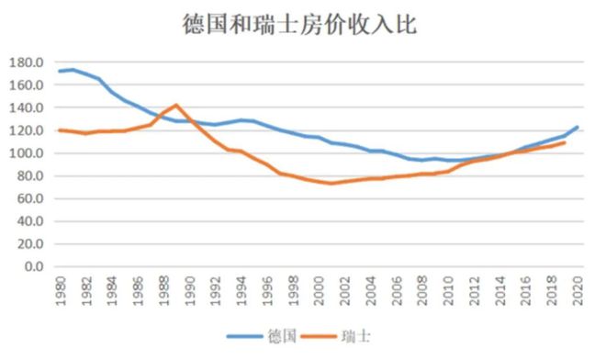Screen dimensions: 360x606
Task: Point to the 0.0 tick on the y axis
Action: click(32, 267)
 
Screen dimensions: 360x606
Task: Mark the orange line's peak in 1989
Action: click(176, 106)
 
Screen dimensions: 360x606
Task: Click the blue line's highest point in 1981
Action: click(73, 70)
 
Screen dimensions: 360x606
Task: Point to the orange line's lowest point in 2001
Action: click(331, 183)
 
